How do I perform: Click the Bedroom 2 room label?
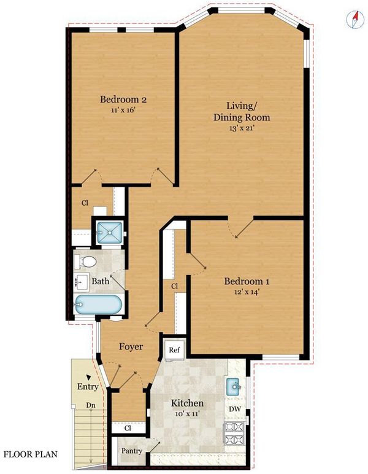[123, 99]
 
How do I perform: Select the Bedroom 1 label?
[247, 281]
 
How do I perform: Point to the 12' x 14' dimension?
[247, 292]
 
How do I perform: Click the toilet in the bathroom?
[85, 262]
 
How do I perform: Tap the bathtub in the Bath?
[98, 305]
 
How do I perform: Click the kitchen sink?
[233, 386]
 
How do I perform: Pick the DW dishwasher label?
[235, 410]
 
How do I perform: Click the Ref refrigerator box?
[174, 350]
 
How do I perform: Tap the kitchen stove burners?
[234, 433]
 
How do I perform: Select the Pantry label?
[132, 451]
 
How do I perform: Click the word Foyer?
[131, 346]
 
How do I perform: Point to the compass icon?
[355, 20]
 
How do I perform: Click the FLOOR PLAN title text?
[30, 454]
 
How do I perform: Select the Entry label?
[88, 387]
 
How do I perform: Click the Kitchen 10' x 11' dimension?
[187, 414]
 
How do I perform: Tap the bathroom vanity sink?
[81, 281]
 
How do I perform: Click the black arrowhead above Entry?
[88, 377]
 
